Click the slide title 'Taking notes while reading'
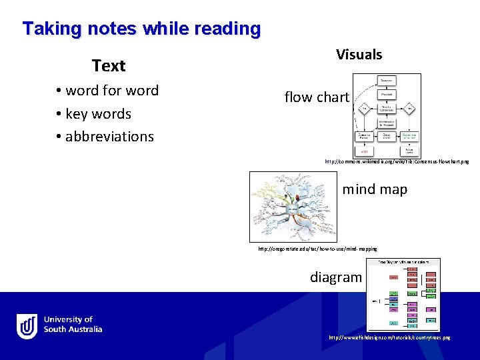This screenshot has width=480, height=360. (141, 29)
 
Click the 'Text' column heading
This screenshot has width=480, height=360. (109, 66)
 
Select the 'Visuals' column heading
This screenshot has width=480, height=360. (359, 55)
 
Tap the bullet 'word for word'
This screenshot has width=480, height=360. (111, 91)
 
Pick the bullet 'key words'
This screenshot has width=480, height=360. (98, 113)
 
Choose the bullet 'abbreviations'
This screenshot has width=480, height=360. (109, 136)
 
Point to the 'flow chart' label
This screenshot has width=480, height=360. (317, 97)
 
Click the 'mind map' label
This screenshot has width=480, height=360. (375, 189)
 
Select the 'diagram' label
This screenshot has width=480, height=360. (336, 277)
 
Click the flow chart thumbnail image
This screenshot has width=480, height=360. (387, 115)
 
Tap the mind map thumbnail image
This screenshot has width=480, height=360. (293, 207)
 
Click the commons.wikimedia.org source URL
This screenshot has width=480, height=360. (397, 162)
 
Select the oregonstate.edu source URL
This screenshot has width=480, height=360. (317, 249)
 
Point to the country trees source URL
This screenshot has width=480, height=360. (389, 338)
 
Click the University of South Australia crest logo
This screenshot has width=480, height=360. (27, 326)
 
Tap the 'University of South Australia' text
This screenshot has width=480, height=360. (73, 325)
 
